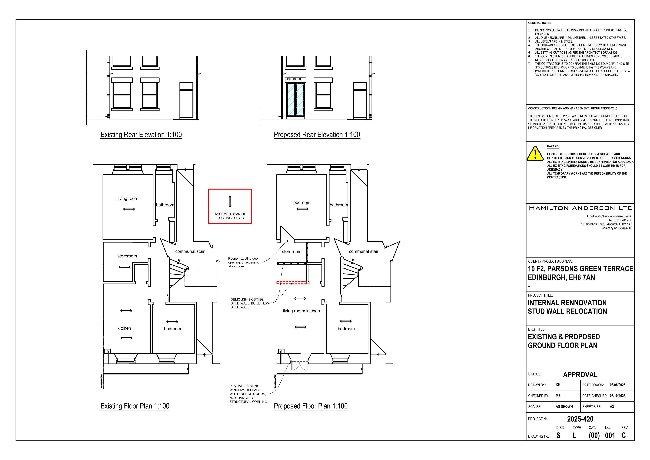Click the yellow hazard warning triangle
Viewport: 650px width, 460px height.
[535, 154]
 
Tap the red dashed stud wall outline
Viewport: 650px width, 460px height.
[291, 283]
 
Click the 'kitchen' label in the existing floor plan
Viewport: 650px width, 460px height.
[124, 328]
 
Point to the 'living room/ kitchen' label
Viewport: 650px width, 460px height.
[301, 311]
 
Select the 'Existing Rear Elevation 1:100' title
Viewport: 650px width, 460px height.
[141, 135]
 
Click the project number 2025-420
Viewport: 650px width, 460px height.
[580, 419]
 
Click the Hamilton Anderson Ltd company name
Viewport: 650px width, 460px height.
[581, 208]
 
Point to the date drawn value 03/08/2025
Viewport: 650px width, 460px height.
[617, 385]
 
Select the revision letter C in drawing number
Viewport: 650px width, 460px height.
[623, 435]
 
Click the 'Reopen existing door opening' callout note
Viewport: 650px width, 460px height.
[243, 262]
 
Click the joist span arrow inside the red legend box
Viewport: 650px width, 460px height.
[230, 202]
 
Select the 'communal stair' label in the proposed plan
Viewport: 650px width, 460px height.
[364, 251]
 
